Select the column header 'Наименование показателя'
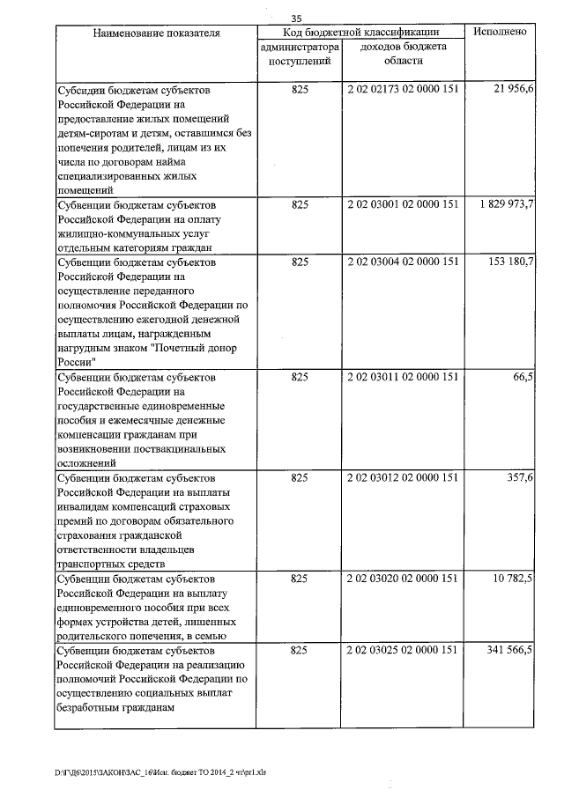pos(155,33)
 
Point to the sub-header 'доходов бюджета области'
pos(404,54)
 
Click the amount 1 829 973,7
pos(502,204)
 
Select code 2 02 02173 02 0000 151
pos(404,91)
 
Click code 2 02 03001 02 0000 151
pos(404,204)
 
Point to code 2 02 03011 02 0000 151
pos(404,377)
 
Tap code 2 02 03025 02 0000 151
pos(404,650)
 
